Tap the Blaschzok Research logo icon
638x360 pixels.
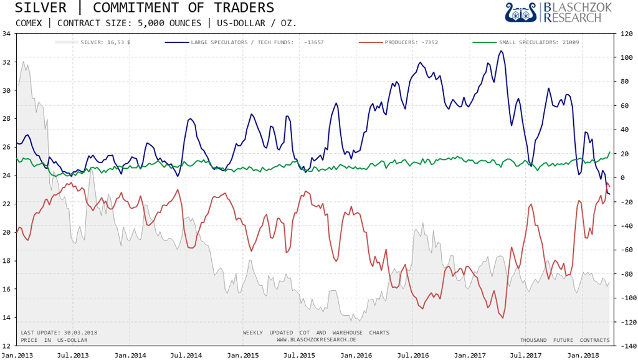coord(521,12)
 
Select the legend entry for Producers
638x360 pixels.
coord(411,42)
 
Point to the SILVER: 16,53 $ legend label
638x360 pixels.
coord(105,42)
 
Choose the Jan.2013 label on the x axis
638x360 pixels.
coord(16,354)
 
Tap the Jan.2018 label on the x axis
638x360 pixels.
coord(583,354)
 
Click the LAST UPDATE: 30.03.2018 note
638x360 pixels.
coord(59,333)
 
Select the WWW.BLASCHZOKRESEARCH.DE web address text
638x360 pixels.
coord(316,340)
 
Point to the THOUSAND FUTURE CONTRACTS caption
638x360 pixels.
coord(564,340)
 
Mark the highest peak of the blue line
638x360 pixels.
coord(501,51)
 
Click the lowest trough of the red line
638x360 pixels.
coord(502,318)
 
